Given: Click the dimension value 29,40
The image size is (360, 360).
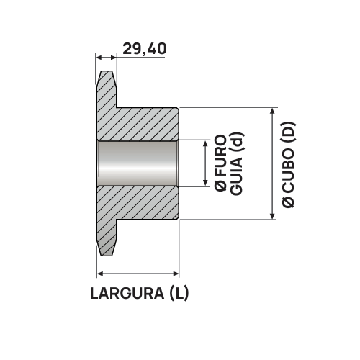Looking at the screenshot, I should point(145,49).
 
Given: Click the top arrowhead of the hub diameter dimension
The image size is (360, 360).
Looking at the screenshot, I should point(271,112).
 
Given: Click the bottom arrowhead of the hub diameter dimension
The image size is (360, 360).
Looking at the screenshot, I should point(271,216).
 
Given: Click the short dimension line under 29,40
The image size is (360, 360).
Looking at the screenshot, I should point(107,58).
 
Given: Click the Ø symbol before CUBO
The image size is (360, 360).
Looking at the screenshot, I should point(289,204).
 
